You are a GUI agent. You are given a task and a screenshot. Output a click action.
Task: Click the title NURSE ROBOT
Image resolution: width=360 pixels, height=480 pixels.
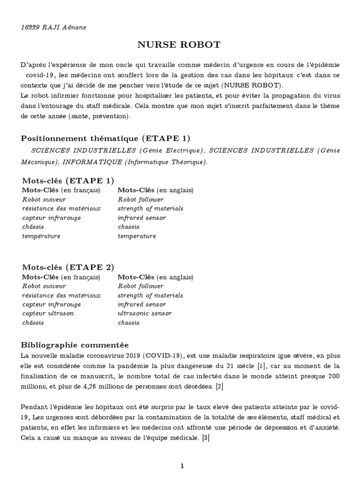[178, 45]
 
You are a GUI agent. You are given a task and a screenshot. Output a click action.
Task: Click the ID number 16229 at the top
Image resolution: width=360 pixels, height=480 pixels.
[31, 27]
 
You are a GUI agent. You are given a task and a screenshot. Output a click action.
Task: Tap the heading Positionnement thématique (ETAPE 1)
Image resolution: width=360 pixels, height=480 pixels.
[106, 138]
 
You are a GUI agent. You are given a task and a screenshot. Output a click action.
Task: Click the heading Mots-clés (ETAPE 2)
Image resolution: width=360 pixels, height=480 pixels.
[68, 267]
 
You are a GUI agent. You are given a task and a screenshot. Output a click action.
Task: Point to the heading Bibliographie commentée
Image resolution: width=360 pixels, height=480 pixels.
[75, 345]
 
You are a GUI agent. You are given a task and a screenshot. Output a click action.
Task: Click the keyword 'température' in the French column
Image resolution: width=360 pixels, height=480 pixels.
[41, 236]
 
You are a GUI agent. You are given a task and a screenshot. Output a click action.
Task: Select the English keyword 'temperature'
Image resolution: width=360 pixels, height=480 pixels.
[137, 236]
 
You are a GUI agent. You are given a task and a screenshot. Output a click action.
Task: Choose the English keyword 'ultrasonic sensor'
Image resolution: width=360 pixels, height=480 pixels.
[144, 313]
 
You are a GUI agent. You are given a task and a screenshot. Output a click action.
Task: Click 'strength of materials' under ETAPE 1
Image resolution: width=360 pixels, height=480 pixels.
[150, 208]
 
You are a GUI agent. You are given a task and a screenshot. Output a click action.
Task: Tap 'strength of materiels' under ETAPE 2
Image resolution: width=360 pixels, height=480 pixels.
[150, 295]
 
